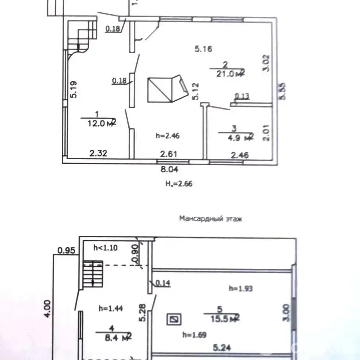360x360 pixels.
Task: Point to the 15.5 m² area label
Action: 221,317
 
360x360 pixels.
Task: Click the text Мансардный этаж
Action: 210,219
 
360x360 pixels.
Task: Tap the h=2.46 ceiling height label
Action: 168,136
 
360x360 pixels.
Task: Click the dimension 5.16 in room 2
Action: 203,49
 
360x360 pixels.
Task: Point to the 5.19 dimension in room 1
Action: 73,90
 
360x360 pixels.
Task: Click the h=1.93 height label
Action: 241,288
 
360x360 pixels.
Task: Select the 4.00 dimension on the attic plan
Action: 47,309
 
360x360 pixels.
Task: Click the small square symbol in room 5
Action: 174,319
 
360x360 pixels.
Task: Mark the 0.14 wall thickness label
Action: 162,283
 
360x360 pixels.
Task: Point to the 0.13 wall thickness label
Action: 242,96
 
